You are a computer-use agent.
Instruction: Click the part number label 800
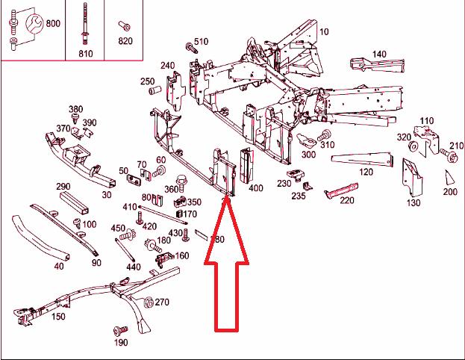[x=53, y=23]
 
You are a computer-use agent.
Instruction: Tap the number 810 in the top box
[x=85, y=53]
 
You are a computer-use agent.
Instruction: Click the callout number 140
[x=379, y=54]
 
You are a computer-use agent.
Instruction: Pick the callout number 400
[x=255, y=188]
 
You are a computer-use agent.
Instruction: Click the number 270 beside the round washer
[x=162, y=302]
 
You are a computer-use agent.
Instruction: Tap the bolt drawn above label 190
[x=117, y=330]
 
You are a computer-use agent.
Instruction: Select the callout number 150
[x=57, y=317]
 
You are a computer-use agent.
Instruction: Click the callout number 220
[x=346, y=199]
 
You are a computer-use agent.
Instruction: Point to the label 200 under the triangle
[x=449, y=191]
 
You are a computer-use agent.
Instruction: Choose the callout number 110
[x=426, y=120]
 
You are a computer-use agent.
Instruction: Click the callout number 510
[x=202, y=41]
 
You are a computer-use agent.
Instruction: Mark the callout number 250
[x=147, y=81]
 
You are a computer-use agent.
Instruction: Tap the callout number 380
[x=75, y=110]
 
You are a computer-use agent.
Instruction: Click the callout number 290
[x=63, y=186]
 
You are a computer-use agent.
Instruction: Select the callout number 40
[x=59, y=266]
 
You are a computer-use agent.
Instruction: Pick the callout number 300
[x=308, y=155]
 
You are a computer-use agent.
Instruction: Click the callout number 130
[x=413, y=202]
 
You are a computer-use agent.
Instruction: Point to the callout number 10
[x=325, y=31]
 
